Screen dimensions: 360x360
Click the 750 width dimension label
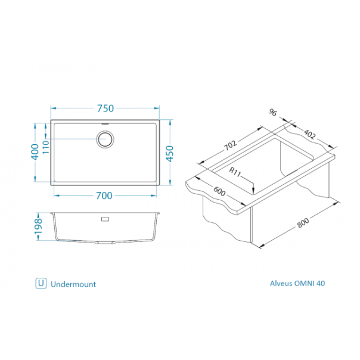pyautogui.click(x=105, y=108)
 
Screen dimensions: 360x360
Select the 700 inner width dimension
pyautogui.click(x=105, y=195)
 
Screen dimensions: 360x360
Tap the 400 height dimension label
pyautogui.click(x=35, y=153)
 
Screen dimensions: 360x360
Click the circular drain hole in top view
pyautogui.click(x=105, y=139)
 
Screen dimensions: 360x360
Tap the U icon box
pyautogui.click(x=41, y=284)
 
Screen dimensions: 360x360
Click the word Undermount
pyautogui.click(x=73, y=284)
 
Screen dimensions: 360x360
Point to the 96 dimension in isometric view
pyautogui.click(x=274, y=114)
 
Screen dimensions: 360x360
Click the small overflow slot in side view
pyautogui.click(x=105, y=219)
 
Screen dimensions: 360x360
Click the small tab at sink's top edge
pyautogui.click(x=105, y=121)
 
